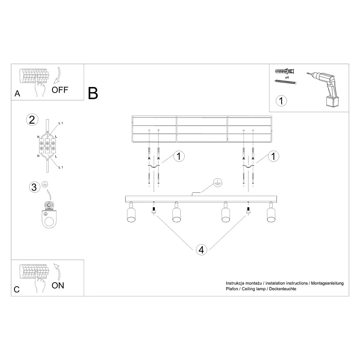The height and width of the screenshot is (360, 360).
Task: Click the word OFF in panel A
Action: tap(60, 90)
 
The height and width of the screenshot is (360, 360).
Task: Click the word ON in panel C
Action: tap(58, 285)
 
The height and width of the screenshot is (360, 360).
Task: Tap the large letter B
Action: tap(93, 94)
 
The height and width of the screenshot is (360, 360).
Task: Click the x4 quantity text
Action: tap(287, 77)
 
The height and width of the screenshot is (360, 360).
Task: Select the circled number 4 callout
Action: tap(201, 250)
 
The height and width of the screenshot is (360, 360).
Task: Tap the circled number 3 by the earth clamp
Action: tap(34, 187)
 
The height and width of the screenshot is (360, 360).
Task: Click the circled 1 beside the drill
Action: tap(281, 101)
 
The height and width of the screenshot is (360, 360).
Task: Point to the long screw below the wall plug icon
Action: tap(286, 82)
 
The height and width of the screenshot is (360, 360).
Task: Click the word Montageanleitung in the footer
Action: tap(327, 283)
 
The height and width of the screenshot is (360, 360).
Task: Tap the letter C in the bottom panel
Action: tap(17, 289)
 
